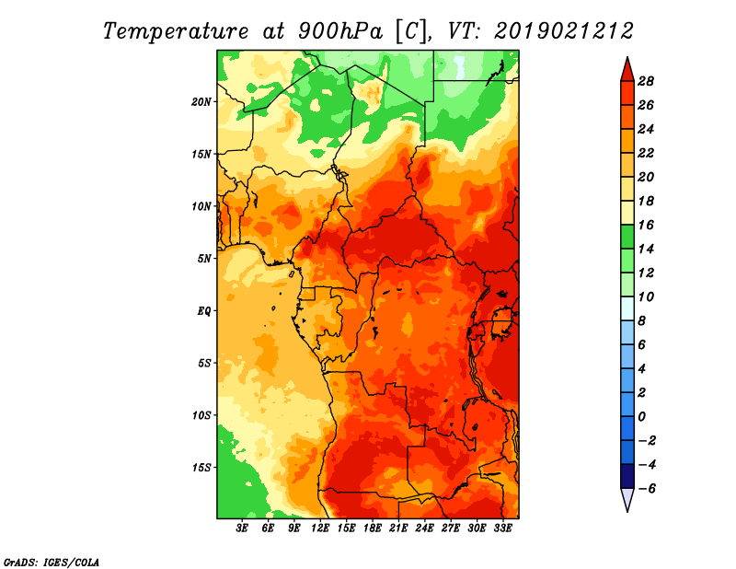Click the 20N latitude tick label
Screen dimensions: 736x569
(x=201, y=102)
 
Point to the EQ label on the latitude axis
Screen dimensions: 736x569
(x=203, y=311)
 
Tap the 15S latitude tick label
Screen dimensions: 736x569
(x=201, y=468)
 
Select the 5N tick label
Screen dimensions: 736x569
(x=203, y=259)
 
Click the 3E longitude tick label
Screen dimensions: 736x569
(x=242, y=528)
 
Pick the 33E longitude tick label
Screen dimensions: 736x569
(x=502, y=528)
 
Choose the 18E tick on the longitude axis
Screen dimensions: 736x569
(x=373, y=528)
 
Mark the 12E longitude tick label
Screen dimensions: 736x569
(x=320, y=528)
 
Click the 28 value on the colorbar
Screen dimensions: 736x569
(x=646, y=81)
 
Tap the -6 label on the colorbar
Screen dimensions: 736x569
(x=647, y=489)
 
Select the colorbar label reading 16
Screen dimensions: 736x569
(x=646, y=225)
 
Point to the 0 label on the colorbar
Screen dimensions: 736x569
(x=641, y=417)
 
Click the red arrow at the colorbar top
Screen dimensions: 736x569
(x=627, y=70)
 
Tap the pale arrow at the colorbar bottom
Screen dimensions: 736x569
(x=627, y=499)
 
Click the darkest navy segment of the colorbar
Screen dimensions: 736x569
(x=627, y=476)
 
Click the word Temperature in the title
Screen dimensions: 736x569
(x=176, y=31)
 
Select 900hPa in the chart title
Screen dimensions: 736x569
(x=340, y=31)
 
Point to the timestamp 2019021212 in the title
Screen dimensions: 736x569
(x=564, y=31)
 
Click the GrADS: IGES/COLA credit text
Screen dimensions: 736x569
(x=52, y=562)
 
